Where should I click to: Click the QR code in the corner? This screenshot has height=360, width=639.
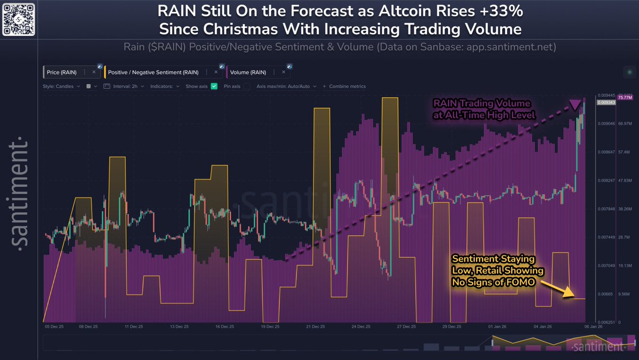point(19,18)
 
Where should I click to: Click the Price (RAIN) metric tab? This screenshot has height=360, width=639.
point(62,72)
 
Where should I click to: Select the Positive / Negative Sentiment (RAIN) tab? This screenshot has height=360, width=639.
point(153,72)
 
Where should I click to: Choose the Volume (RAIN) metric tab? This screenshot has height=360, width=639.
point(248,72)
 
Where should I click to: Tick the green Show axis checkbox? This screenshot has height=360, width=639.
point(214,86)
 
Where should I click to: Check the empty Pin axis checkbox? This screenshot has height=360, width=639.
point(247,86)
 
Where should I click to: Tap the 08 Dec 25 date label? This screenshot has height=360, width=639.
point(88,326)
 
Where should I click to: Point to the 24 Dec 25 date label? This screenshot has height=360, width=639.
point(361,326)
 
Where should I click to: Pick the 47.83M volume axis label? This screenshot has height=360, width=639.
point(625,181)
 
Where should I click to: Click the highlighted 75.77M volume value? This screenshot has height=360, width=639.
point(625,98)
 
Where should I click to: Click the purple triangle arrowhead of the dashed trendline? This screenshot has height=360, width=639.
point(575,105)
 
